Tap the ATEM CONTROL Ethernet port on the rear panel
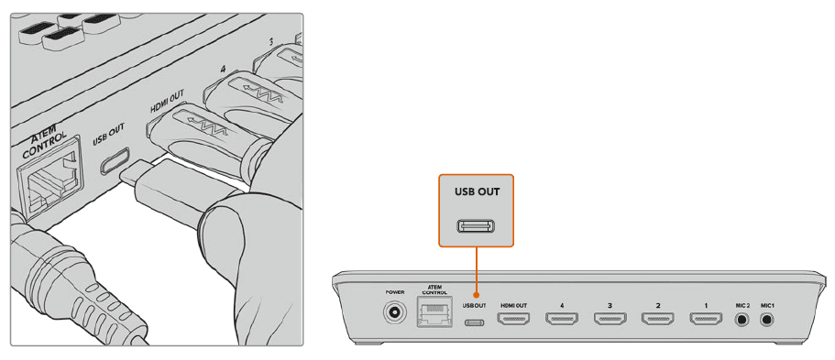pos(434,315)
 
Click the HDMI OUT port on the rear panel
pos(513,320)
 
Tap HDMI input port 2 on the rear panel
pos(657,320)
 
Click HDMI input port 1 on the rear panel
pos(706,320)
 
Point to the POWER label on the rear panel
pos(395,291)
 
